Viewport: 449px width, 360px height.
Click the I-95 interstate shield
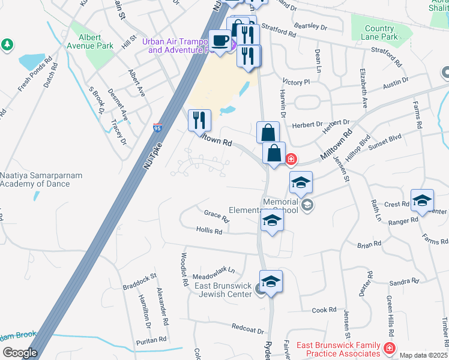(x=157, y=128)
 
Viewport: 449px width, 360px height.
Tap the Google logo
(x=19, y=353)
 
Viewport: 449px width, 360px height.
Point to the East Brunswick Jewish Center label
(x=222, y=290)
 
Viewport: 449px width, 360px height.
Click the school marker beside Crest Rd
(x=422, y=200)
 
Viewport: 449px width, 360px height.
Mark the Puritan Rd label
(x=151, y=340)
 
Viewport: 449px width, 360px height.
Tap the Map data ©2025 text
(x=423, y=355)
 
